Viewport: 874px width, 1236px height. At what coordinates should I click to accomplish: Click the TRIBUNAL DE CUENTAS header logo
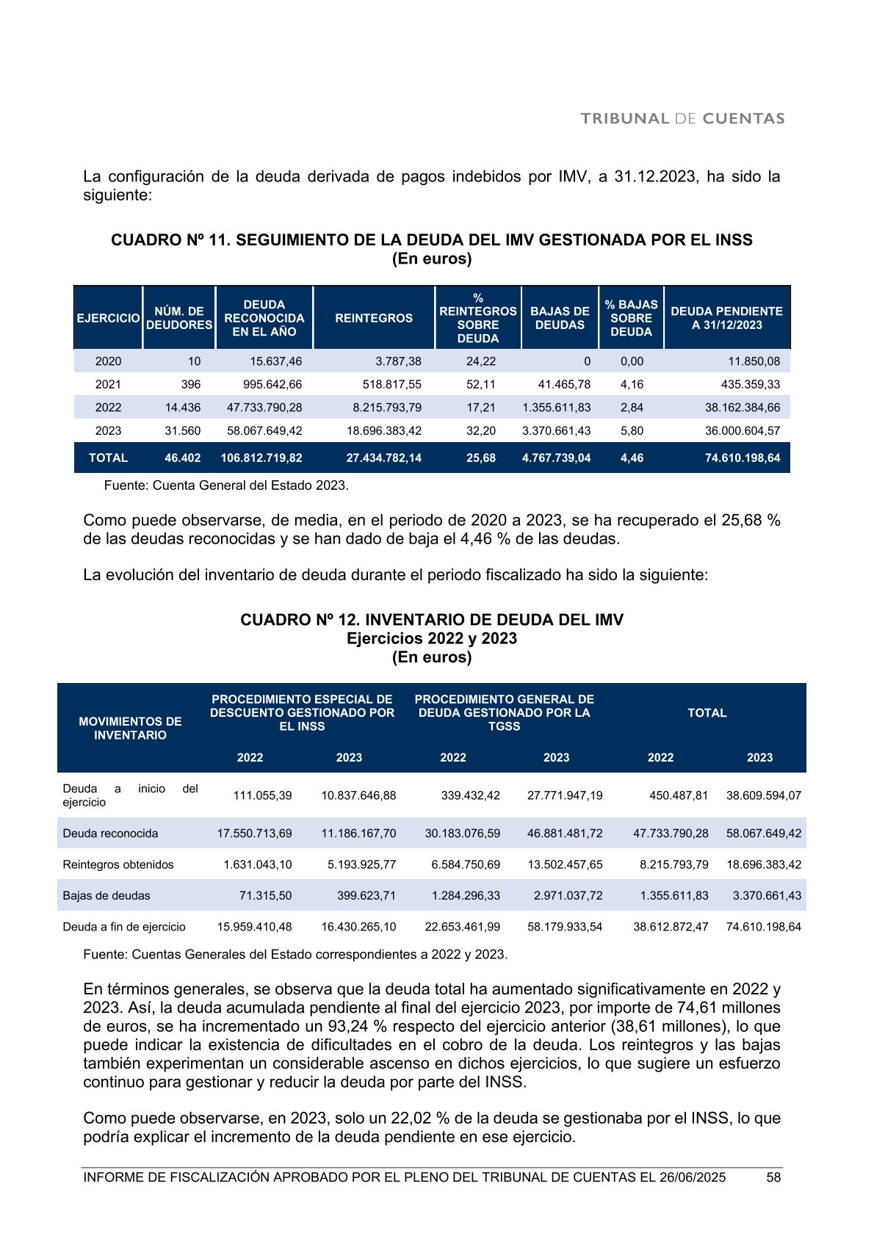[682, 119]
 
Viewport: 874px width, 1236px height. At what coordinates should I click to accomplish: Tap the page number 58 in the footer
[773, 1177]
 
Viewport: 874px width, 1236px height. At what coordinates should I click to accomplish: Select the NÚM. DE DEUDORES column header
[179, 318]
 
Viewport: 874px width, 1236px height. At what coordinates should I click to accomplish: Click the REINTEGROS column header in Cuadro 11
[374, 318]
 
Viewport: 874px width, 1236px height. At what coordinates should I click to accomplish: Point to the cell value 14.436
[183, 408]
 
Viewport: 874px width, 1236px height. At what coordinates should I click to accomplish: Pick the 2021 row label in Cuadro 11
[108, 384]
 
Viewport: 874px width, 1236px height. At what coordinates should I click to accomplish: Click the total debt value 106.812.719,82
[261, 458]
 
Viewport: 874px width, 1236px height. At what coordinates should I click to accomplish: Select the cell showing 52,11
[481, 384]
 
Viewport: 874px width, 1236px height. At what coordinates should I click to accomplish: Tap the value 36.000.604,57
[743, 431]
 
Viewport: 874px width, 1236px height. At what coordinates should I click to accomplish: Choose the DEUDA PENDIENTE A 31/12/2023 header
[726, 318]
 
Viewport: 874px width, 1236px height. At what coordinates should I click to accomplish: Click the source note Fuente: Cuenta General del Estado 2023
[226, 485]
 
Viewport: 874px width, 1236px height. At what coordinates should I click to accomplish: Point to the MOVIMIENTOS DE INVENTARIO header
[130, 729]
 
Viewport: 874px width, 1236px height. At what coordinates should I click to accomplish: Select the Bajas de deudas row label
[106, 896]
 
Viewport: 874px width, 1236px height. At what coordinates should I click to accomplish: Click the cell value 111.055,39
[262, 795]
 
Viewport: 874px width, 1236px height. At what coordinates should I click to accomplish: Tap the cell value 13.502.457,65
[565, 865]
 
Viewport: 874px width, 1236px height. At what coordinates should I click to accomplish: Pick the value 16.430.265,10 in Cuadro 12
[358, 927]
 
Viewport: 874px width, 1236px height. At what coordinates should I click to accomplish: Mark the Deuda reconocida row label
[110, 834]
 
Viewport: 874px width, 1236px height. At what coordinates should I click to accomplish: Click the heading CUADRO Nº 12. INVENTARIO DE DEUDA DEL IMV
[432, 620]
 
